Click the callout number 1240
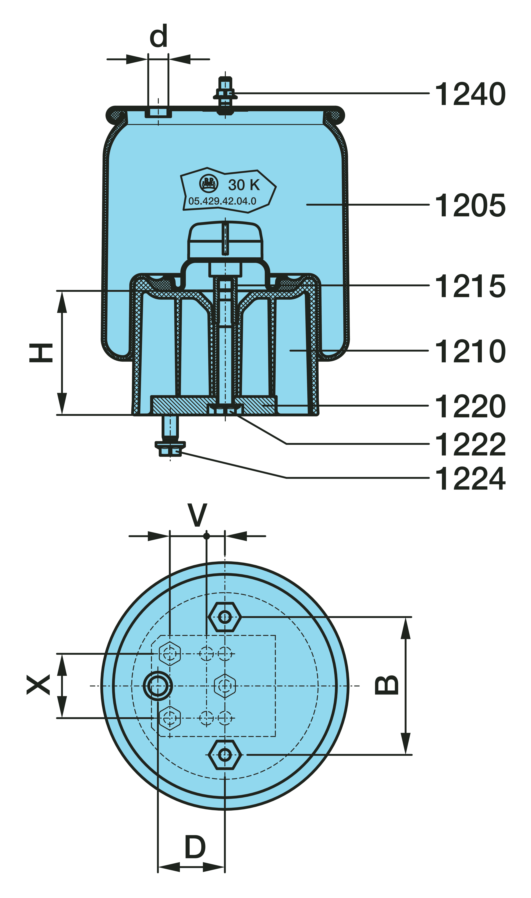tap(470, 94)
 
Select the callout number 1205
tap(470, 205)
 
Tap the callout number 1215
tap(470, 286)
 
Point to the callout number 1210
tap(470, 351)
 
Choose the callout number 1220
tap(470, 406)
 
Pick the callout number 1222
tap(470, 444)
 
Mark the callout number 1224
tap(470, 478)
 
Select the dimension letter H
tap(41, 353)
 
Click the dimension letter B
tap(386, 685)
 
